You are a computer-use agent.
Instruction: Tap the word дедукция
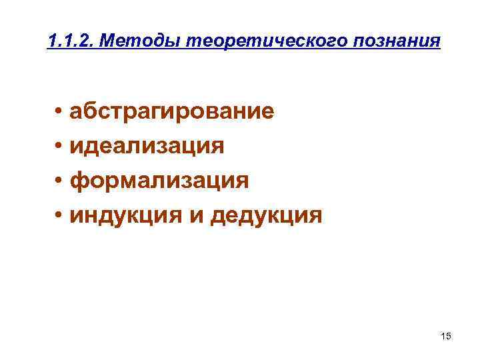coord(266,215)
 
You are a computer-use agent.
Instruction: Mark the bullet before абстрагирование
coord(59,111)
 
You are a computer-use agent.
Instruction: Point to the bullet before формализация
coord(59,181)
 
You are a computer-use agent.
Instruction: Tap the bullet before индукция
coord(59,215)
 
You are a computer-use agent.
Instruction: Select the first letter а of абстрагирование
coord(78,111)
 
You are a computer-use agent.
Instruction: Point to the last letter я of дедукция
coord(315,215)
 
